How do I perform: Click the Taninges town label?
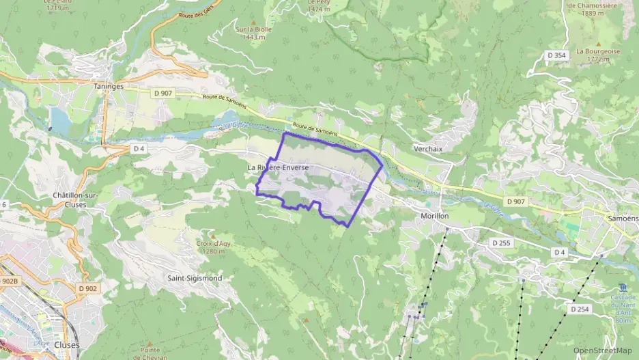[x=107, y=87]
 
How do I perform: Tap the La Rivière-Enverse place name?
[x=278, y=167]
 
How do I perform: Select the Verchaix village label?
[x=429, y=148]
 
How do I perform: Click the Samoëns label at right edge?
[x=623, y=218]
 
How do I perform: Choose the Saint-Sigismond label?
[x=195, y=279]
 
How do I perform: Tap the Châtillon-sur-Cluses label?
[x=74, y=199]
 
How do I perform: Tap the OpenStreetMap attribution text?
[x=602, y=350]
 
